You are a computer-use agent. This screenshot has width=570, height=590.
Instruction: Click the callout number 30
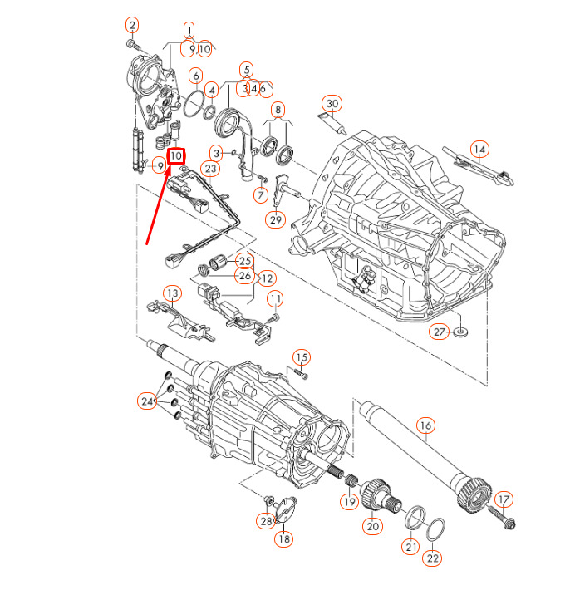pyautogui.click(x=332, y=104)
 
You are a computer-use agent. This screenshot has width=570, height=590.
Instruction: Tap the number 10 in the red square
pyautogui.click(x=176, y=155)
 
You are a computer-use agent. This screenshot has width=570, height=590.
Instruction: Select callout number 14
pyautogui.click(x=479, y=150)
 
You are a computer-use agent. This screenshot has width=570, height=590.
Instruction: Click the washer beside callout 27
pyautogui.click(x=461, y=332)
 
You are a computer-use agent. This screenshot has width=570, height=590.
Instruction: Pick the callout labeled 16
pyautogui.click(x=425, y=425)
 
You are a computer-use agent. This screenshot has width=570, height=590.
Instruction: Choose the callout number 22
pyautogui.click(x=433, y=558)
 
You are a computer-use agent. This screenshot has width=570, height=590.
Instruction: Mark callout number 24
pyautogui.click(x=147, y=401)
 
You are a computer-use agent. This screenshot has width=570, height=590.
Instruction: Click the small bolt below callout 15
pyautogui.click(x=301, y=373)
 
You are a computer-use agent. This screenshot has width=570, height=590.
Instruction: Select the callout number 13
pyautogui.click(x=172, y=293)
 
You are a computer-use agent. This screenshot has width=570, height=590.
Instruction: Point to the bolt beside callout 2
pyautogui.click(x=134, y=45)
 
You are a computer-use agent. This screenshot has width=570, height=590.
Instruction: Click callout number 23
pyautogui.click(x=211, y=169)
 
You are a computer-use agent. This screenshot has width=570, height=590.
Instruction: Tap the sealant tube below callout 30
pyautogui.click(x=333, y=123)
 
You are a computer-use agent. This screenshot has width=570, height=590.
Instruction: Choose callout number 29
pyautogui.click(x=276, y=219)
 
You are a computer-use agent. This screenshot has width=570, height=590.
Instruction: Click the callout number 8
pyautogui.click(x=278, y=110)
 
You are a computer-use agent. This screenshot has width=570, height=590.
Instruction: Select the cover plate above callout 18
pyautogui.click(x=286, y=509)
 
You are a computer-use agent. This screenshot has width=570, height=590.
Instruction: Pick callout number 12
pyautogui.click(x=267, y=278)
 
